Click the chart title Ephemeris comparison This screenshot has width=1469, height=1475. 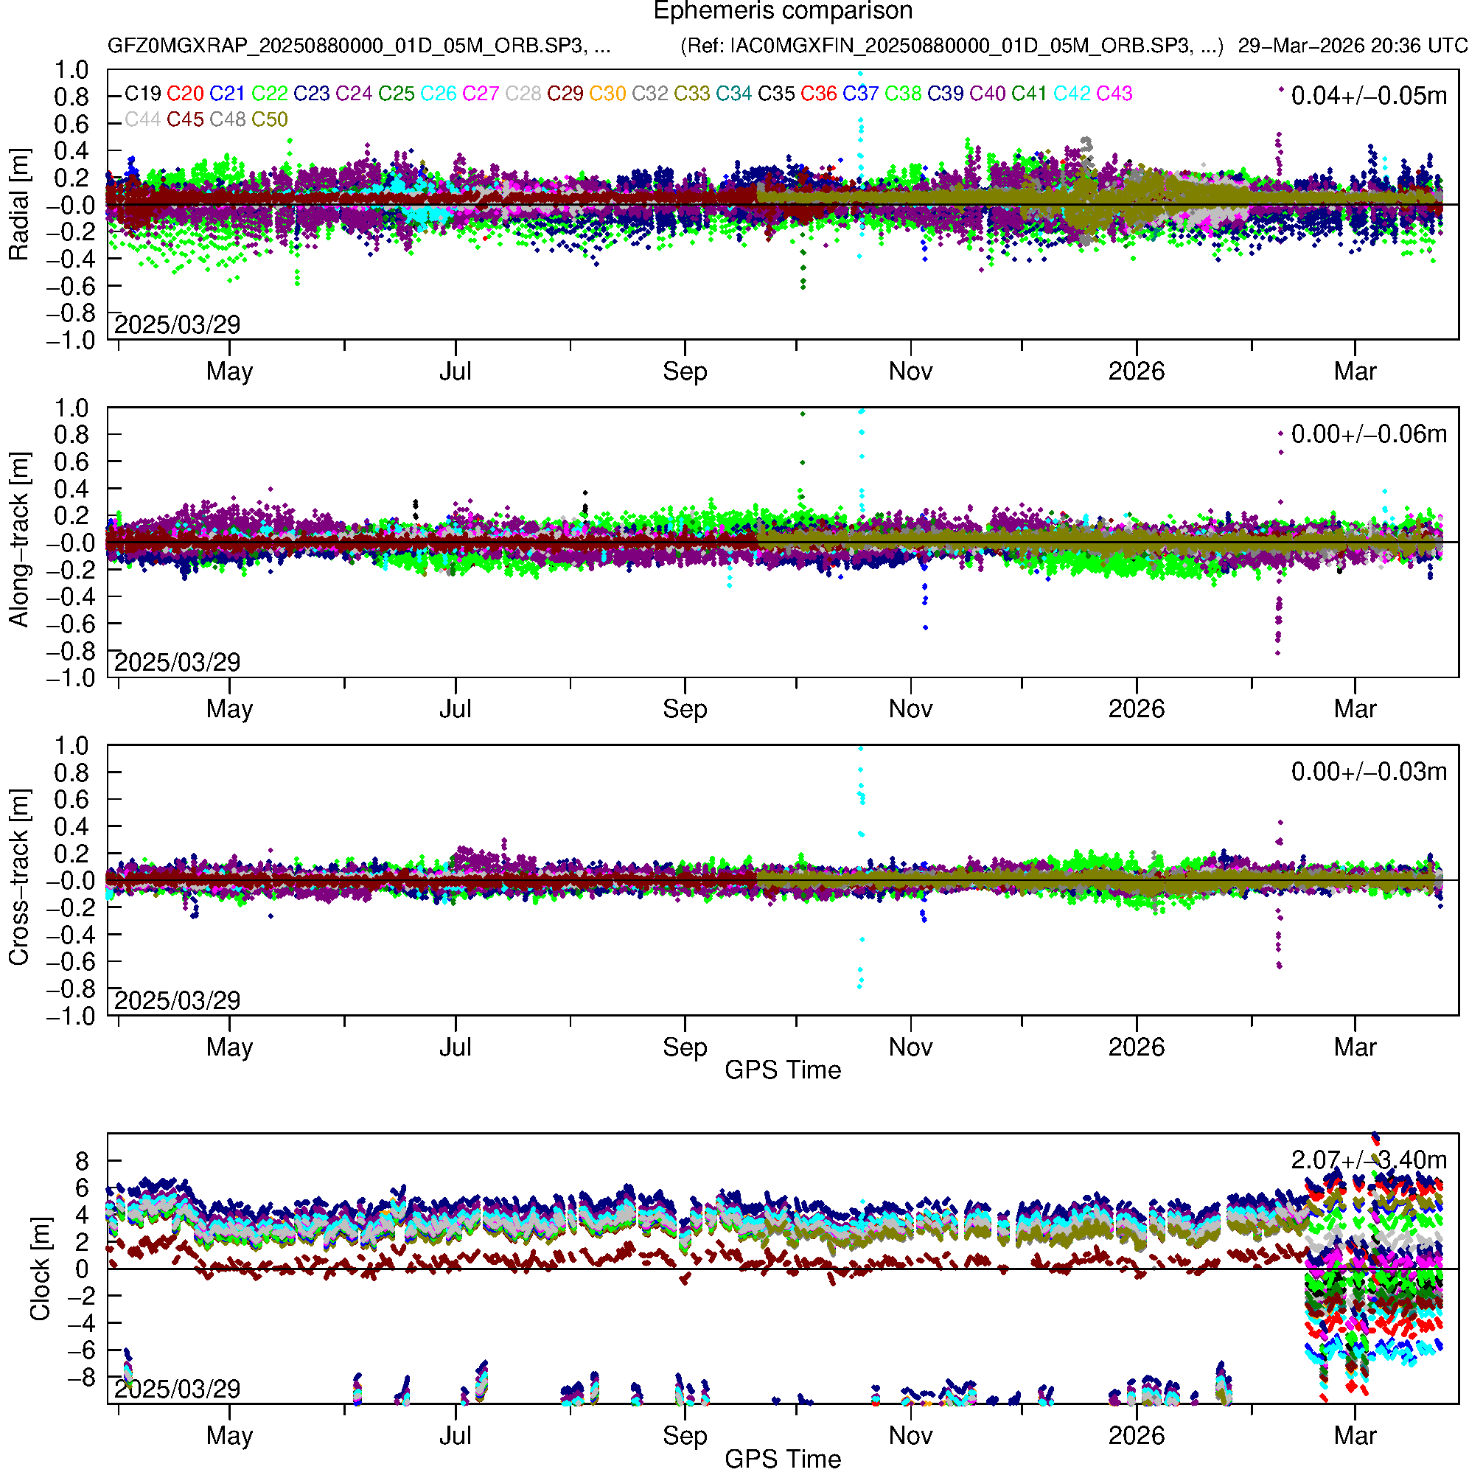click(x=783, y=12)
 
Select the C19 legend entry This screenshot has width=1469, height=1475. click(x=143, y=94)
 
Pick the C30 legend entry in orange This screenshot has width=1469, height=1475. click(x=607, y=94)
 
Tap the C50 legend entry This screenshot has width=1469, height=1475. click(x=270, y=120)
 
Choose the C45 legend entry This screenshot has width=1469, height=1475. click(x=185, y=120)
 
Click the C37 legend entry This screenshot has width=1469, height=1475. click(x=860, y=94)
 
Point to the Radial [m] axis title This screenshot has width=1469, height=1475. click(x=19, y=205)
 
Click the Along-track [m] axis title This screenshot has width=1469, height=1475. click(x=19, y=540)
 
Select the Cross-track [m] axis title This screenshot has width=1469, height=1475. click(x=19, y=878)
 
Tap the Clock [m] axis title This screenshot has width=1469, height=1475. click(x=40, y=1269)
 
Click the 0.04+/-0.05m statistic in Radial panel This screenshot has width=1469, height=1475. click(x=1368, y=96)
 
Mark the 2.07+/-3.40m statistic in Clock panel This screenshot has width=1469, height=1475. click(x=1368, y=1160)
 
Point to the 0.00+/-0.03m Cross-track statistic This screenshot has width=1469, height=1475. click(x=1368, y=773)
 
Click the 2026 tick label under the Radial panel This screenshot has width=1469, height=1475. click(x=1136, y=372)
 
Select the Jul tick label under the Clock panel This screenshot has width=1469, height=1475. click(x=455, y=1436)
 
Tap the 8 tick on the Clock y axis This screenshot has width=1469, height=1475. click(x=82, y=1162)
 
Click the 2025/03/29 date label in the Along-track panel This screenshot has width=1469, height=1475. click(x=177, y=663)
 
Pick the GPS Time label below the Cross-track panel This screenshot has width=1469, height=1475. click(x=783, y=1070)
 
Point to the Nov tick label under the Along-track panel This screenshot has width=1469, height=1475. click(x=910, y=709)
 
